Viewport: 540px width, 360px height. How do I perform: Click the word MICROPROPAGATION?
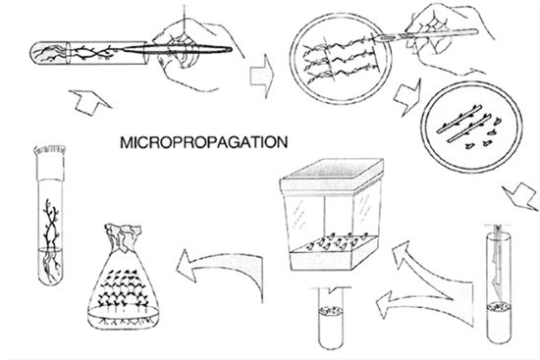pyautogui.click(x=203, y=142)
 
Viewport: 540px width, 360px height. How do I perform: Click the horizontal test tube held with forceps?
pyautogui.click(x=89, y=53)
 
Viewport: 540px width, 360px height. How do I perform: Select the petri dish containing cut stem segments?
pyautogui.click(x=471, y=127)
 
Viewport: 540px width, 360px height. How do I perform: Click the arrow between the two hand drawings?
pyautogui.click(x=262, y=76)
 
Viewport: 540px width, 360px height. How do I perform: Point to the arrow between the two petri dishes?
pyautogui.click(x=408, y=97)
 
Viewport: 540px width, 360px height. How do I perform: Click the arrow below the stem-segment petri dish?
pyautogui.click(x=521, y=195)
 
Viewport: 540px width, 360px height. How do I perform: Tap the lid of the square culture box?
pyautogui.click(x=331, y=175)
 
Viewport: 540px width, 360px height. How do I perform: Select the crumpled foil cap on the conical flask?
pyautogui.click(x=124, y=237)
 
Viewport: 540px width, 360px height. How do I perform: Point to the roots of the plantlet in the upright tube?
pyautogui.click(x=50, y=264)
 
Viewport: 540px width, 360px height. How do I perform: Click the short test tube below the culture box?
pyautogui.click(x=331, y=319)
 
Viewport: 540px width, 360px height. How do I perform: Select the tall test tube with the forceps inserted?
pyautogui.click(x=499, y=284)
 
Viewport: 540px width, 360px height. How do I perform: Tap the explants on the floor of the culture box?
pyautogui.click(x=338, y=241)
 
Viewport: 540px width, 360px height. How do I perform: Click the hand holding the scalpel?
pyautogui.click(x=444, y=38)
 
